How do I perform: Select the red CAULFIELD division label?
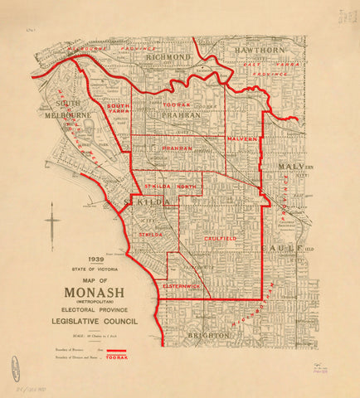[x=220, y=239]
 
